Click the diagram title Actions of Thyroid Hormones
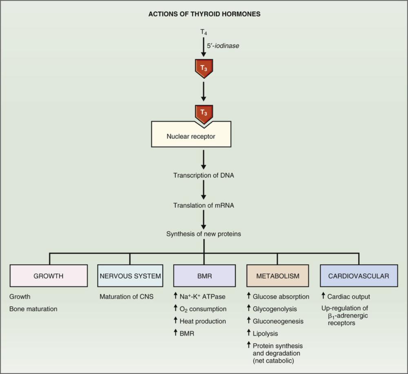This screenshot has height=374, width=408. pyautogui.click(x=204, y=14)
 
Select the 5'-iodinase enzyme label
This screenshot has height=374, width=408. pyautogui.click(x=223, y=46)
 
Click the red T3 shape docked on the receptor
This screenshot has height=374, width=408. pyautogui.click(x=204, y=113)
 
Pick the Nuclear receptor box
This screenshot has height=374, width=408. pyautogui.click(x=191, y=136)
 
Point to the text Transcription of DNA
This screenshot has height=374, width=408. pyautogui.click(x=204, y=176)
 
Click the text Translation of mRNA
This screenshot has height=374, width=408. pyautogui.click(x=204, y=205)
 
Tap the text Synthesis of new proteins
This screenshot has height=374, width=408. pyautogui.click(x=204, y=234)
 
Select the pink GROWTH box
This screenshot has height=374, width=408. pyautogui.click(x=49, y=276)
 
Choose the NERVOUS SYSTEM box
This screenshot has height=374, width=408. pyautogui.click(x=130, y=276)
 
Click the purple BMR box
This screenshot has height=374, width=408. pyautogui.click(x=204, y=276)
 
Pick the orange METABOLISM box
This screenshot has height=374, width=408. pyautogui.click(x=277, y=276)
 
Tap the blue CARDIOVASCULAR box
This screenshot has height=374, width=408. pyautogui.click(x=359, y=276)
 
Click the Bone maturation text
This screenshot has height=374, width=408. pyautogui.click(x=33, y=309)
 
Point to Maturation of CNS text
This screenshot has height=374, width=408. pyautogui.click(x=126, y=297)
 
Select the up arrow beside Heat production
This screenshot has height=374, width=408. pyautogui.click(x=176, y=321)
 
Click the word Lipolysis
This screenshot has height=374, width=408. pyautogui.click(x=265, y=334)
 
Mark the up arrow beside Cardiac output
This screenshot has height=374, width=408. pyautogui.click(x=324, y=296)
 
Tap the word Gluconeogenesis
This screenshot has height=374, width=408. pyautogui.click(x=278, y=321)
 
